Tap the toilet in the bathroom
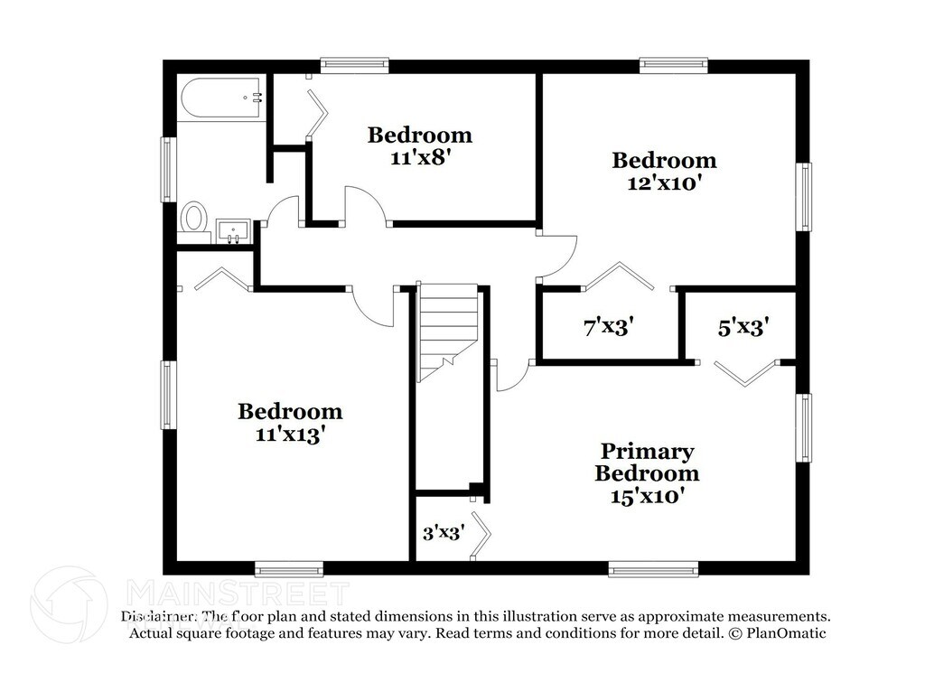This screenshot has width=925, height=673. coord(194,218)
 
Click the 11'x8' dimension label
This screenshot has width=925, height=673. coord(419,156)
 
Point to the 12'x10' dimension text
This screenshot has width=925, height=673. coord(664,181)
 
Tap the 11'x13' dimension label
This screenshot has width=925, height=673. coord(290,433)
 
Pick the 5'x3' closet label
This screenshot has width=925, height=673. coord(743,327)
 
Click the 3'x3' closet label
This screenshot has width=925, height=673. coord(443,533)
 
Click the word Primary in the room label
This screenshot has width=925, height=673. coord(648,451)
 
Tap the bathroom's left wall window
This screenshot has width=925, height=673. coord(168,169)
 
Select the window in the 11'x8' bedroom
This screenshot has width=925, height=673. coord(355,65)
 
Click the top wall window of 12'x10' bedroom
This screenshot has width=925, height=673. coord(673,65)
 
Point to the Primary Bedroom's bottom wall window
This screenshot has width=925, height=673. coord(652,568)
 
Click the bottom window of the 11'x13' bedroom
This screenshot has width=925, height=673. coord(288,568)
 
